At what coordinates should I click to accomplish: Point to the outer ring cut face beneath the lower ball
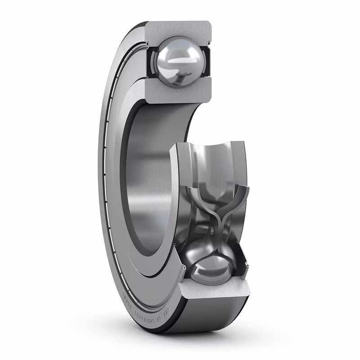(x=214, y=295)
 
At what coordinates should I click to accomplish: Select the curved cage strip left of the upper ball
(x=152, y=61)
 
